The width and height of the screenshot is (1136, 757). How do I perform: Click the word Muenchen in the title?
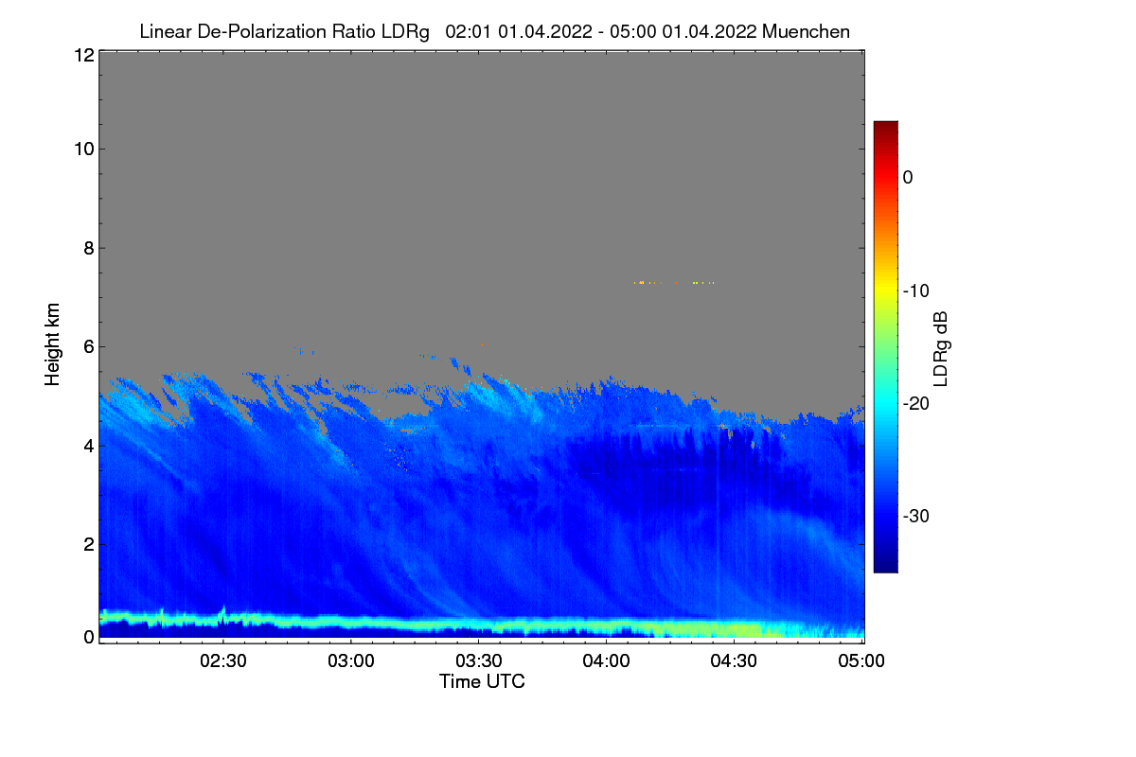pos(807,31)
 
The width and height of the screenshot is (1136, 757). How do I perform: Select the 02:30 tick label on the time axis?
pos(223,661)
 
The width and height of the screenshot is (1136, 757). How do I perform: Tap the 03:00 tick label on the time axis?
pos(351,661)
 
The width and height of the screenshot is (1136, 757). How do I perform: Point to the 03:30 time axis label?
pos(479,661)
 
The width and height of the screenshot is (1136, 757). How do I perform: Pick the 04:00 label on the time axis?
pos(607,661)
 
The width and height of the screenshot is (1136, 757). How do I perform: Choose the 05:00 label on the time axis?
pos(861,661)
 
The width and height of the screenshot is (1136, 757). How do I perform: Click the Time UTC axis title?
pos(482,681)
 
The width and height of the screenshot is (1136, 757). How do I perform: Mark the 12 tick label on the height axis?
pos(82,55)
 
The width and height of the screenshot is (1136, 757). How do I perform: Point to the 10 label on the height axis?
pos(82,149)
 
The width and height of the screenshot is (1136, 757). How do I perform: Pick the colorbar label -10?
pos(915,290)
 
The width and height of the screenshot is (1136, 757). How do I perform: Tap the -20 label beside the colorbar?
pos(915,403)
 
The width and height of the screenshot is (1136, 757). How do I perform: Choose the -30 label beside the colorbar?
pos(915,516)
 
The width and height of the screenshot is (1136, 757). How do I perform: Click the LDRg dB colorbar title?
pos(941,346)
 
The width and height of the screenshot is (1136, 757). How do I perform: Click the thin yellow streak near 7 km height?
pos(673,283)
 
